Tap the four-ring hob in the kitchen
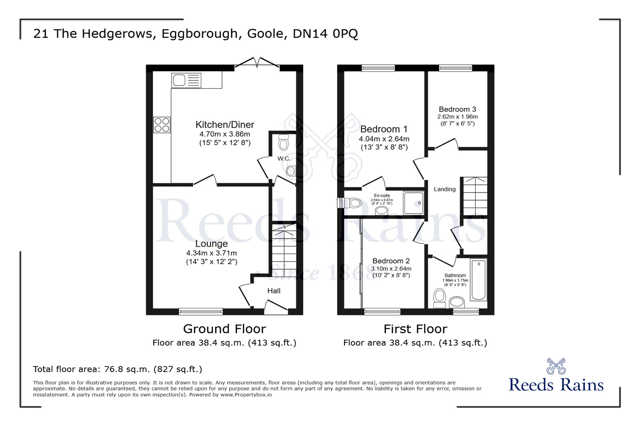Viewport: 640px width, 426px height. (x=162, y=125)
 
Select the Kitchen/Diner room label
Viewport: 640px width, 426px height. (x=225, y=125)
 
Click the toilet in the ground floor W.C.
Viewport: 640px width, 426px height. (x=284, y=143)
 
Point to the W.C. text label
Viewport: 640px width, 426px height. (x=284, y=159)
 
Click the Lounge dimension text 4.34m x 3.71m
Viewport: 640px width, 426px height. (x=211, y=253)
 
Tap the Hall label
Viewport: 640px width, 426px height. (x=274, y=291)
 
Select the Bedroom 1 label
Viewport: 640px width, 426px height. (x=384, y=129)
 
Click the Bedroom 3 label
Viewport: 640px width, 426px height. (x=457, y=109)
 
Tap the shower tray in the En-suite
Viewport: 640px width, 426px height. (x=413, y=203)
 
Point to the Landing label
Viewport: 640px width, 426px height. (x=444, y=189)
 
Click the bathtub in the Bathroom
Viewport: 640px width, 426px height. (x=478, y=280)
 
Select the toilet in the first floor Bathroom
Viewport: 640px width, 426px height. (x=440, y=298)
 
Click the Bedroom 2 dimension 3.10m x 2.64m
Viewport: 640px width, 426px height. (x=391, y=269)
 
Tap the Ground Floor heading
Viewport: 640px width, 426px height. (x=224, y=329)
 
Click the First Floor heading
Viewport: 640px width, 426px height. (x=415, y=329)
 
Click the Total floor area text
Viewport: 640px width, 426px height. (x=118, y=369)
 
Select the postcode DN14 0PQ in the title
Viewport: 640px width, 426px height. (x=325, y=34)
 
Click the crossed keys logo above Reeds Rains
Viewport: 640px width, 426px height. (x=556, y=366)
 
